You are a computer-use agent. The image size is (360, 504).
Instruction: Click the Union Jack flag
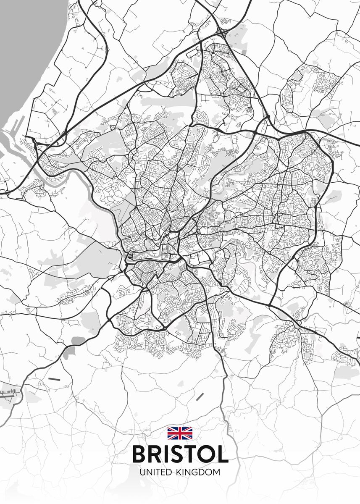(x=180, y=433)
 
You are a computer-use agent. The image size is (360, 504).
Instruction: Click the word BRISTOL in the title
(x=180, y=454)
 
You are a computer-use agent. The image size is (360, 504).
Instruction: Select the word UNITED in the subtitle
(x=155, y=472)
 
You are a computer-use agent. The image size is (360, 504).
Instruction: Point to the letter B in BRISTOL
(x=140, y=454)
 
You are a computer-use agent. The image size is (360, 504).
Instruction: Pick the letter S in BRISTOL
(x=175, y=454)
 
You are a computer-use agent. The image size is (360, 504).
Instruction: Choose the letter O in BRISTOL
(x=205, y=454)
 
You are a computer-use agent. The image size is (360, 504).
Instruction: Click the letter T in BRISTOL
(x=189, y=454)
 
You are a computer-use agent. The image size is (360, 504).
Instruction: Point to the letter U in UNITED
(x=143, y=472)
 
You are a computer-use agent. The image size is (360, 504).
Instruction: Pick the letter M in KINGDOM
(x=216, y=472)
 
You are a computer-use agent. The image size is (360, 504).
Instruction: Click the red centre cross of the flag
(x=180, y=433)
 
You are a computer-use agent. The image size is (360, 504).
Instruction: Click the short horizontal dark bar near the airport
(x=54, y=379)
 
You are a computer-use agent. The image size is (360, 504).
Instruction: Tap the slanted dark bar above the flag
(x=200, y=396)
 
